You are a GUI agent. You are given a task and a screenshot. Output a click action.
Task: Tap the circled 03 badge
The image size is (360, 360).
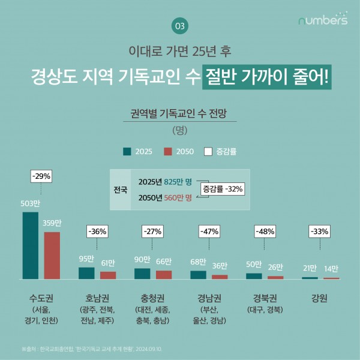click(179, 26)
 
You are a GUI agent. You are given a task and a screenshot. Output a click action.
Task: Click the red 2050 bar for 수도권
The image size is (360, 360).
click(52, 256)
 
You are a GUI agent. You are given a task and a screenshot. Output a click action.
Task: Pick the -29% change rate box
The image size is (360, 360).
click(42, 176)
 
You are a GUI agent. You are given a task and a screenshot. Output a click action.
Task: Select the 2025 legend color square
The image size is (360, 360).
click(127, 151)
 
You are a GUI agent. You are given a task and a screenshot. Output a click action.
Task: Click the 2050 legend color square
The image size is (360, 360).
click(168, 151)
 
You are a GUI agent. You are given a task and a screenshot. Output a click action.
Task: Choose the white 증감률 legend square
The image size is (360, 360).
click(209, 151)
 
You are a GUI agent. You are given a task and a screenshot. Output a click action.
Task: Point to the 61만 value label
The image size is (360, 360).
click(108, 263)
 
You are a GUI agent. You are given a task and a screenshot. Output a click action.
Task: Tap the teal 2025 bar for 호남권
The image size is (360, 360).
click(86, 273)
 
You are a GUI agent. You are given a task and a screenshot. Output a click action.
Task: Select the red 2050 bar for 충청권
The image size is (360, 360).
click(164, 274)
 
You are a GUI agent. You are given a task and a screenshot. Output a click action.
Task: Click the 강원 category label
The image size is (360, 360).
click(319, 298)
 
